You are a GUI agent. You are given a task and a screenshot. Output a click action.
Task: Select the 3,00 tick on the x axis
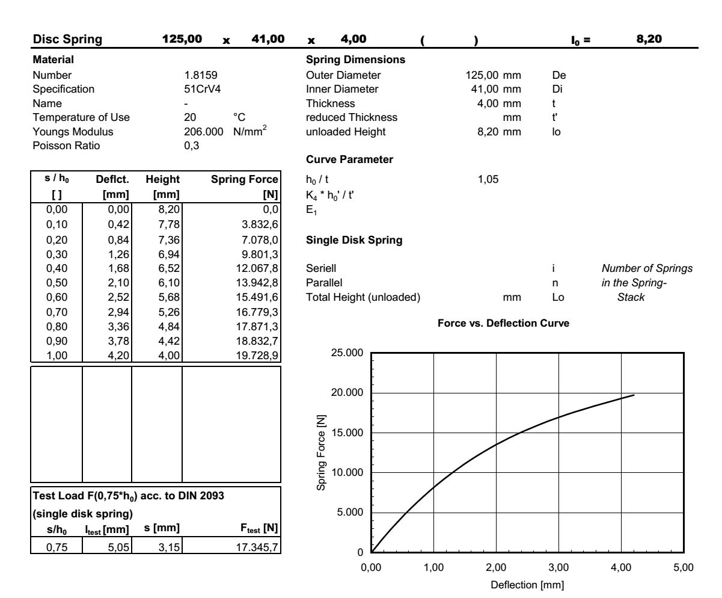point(558,567)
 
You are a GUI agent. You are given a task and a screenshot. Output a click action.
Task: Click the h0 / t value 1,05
point(485,179)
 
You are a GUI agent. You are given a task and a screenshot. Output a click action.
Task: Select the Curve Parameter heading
point(341,161)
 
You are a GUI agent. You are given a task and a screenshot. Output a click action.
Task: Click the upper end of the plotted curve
point(634,395)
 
